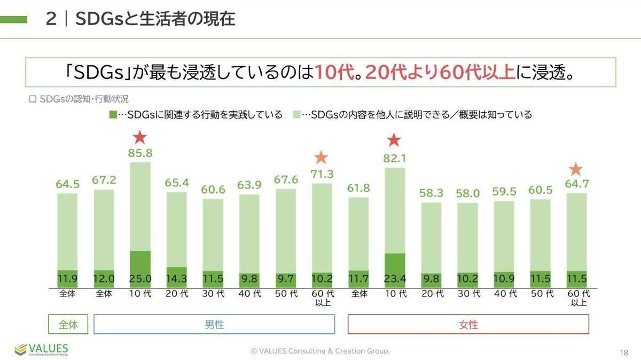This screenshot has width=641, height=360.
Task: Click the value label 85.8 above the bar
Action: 140,153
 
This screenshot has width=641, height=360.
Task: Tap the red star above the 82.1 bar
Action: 394,140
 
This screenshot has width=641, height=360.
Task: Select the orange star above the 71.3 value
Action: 321,157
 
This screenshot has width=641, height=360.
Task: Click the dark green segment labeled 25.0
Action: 140,269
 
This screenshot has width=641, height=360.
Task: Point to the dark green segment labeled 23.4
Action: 395,270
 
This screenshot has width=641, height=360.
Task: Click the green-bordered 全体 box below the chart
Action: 67,324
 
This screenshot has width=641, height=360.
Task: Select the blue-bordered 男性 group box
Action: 214,324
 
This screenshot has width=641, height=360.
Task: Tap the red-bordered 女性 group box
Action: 468,324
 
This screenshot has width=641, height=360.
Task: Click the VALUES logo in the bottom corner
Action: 42,349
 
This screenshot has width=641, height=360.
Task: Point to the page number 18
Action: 624,353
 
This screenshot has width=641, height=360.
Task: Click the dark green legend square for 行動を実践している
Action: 112,115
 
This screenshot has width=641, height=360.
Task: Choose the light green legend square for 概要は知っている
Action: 297,115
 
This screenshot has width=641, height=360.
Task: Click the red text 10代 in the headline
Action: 334,72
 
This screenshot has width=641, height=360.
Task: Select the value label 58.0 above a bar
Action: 468,194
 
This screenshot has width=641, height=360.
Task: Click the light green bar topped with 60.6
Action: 213,235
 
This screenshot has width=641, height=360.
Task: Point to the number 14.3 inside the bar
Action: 177,279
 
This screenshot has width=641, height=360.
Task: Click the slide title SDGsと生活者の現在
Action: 155,19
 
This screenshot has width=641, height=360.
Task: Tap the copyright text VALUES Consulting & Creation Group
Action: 320,351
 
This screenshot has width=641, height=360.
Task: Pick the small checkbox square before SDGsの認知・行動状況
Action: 32,99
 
